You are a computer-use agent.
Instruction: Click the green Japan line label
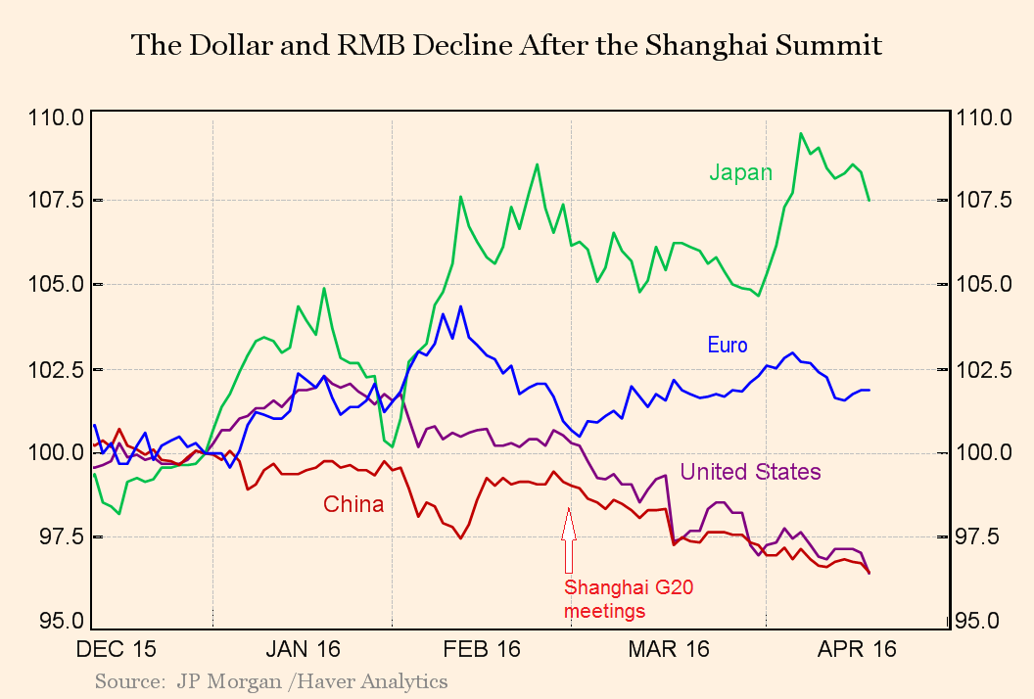tap(740, 173)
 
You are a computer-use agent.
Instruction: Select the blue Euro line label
tap(727, 345)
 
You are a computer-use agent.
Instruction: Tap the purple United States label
tap(750, 472)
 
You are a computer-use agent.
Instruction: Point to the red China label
tap(353, 504)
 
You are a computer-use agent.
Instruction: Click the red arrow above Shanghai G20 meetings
tap(568, 539)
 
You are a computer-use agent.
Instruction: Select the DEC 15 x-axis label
tap(117, 649)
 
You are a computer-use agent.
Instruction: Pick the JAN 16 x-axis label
tap(303, 649)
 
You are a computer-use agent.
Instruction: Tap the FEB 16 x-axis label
tap(482, 649)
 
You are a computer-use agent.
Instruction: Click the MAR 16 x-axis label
tap(670, 649)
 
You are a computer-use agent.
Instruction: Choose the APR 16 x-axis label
tap(858, 649)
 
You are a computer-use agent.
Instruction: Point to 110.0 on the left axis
tap(59, 117)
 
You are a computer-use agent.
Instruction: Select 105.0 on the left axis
tap(59, 285)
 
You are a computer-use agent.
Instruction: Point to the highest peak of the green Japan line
tap(801, 133)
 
